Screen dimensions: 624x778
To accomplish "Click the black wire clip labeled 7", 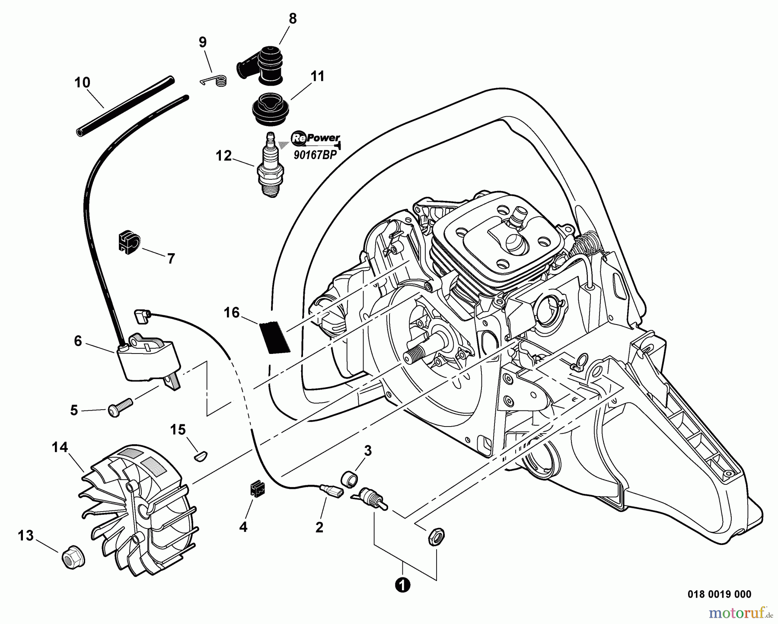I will pyautogui.click(x=128, y=243).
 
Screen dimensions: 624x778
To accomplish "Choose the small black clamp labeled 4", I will pyautogui.click(x=258, y=489).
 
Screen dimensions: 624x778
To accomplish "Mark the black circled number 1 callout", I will pyautogui.click(x=402, y=586).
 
